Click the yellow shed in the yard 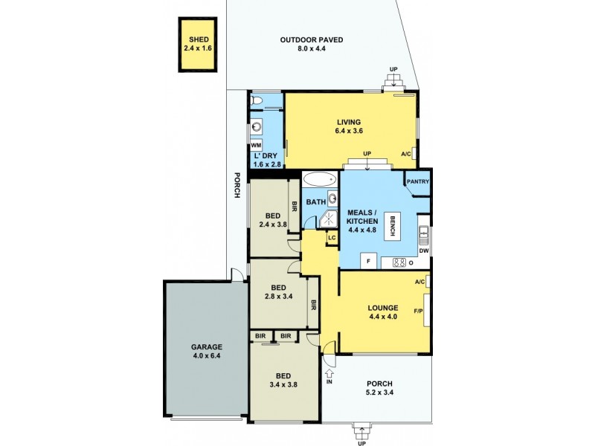coord(199,45)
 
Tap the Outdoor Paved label coord(312,45)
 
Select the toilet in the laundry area coord(256,100)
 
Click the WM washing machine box coord(256,145)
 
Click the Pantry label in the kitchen coord(418,181)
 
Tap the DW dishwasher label coord(424,251)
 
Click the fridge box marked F coord(368,262)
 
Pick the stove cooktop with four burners coord(398,262)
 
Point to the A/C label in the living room coord(406,155)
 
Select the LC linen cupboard coord(332,238)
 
